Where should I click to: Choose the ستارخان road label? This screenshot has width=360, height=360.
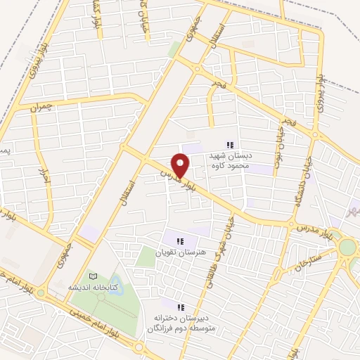coord(291,265)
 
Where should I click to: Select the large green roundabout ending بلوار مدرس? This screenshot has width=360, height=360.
coord(347,247)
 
